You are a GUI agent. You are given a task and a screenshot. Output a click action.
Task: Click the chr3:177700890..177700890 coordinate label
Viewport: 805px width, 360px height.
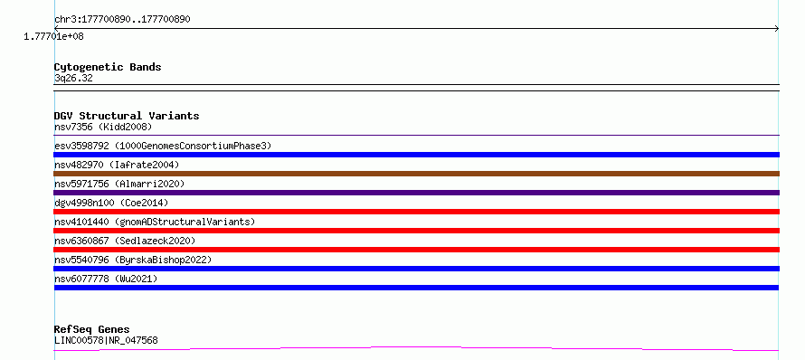pos(122,20)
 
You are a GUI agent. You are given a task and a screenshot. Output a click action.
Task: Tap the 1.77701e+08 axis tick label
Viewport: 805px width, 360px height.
pos(53,36)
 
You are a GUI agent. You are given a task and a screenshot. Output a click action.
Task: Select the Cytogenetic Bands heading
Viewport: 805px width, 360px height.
pos(108,67)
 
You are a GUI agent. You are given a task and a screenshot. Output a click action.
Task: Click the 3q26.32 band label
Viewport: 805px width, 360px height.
pos(73,79)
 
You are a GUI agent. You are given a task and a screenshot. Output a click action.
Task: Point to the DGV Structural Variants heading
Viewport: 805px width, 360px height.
pos(127,116)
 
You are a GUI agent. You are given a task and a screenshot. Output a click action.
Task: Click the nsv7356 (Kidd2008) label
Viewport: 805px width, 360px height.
pos(103,127)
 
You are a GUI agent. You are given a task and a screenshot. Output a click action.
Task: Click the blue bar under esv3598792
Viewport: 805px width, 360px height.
pos(416,155)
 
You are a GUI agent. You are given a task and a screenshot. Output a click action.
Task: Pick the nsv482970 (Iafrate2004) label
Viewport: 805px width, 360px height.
pos(117,165)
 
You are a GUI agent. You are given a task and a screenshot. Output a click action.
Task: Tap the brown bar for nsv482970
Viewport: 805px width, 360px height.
pos(416,174)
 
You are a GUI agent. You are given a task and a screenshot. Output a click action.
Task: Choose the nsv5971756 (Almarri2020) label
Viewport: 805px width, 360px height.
pos(119,184)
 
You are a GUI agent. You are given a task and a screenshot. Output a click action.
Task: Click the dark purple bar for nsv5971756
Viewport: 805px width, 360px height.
pos(416,193)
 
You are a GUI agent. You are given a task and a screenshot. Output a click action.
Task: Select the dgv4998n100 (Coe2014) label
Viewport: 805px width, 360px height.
pos(111,203)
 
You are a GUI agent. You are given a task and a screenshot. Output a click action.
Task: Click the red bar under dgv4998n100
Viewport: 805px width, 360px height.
pos(416,212)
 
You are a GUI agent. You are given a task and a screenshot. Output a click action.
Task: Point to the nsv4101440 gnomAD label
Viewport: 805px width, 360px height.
pos(155,222)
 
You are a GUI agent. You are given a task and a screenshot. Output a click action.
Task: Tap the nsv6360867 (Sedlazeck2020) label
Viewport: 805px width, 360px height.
pos(125,241)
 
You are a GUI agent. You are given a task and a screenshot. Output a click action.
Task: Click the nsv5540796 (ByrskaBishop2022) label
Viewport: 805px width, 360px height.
pos(133,260)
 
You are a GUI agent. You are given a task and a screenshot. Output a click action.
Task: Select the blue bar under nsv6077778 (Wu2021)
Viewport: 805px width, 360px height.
pos(416,288)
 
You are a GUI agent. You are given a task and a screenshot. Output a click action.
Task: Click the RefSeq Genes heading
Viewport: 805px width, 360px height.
pos(92,330)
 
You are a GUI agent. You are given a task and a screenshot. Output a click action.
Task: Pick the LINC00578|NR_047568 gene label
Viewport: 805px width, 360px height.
pos(106,340)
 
